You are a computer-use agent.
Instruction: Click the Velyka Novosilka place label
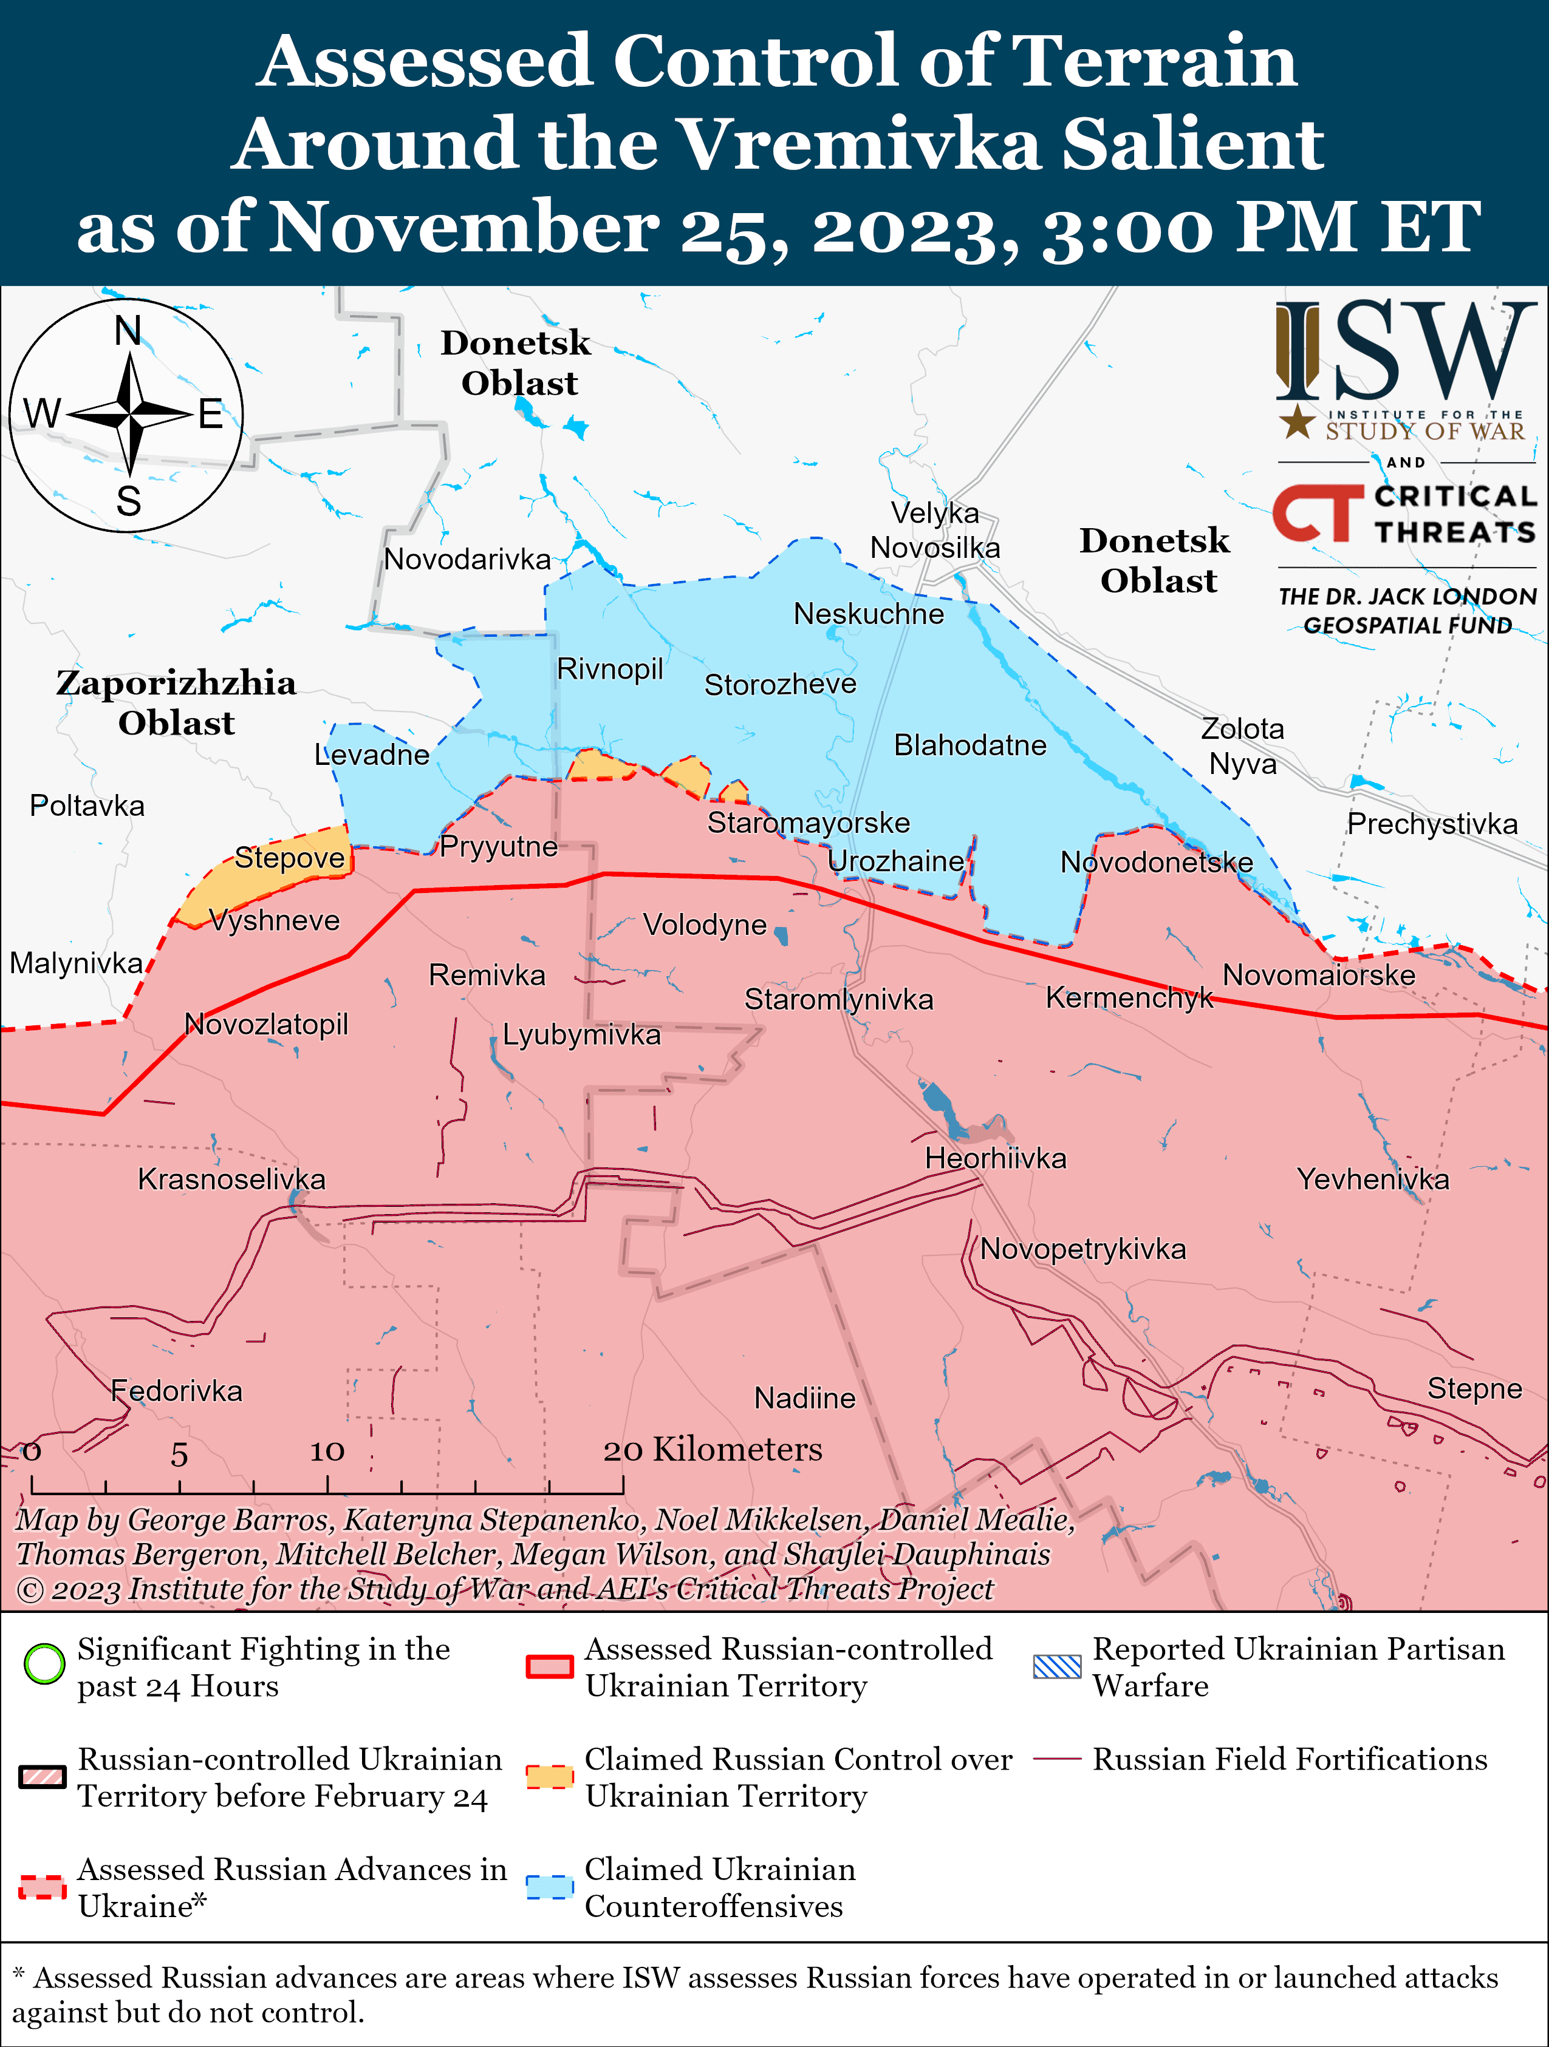[935, 530]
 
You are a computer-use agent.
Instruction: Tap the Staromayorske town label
[809, 823]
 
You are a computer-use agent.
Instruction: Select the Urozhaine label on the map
[895, 861]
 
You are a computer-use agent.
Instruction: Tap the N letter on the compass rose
[128, 330]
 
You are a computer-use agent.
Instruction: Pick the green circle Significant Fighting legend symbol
[44, 1664]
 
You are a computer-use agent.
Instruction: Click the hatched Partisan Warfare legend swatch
[1056, 1666]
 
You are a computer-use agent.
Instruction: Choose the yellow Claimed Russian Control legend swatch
[550, 1777]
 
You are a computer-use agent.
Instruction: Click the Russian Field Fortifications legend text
[1289, 1759]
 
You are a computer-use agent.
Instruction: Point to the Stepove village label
[289, 858]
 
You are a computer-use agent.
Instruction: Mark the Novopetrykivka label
[1082, 1249]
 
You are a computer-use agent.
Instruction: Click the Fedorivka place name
[176, 1391]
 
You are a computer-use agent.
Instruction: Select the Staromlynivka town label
[839, 999]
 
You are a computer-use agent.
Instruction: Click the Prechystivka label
[1431, 824]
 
